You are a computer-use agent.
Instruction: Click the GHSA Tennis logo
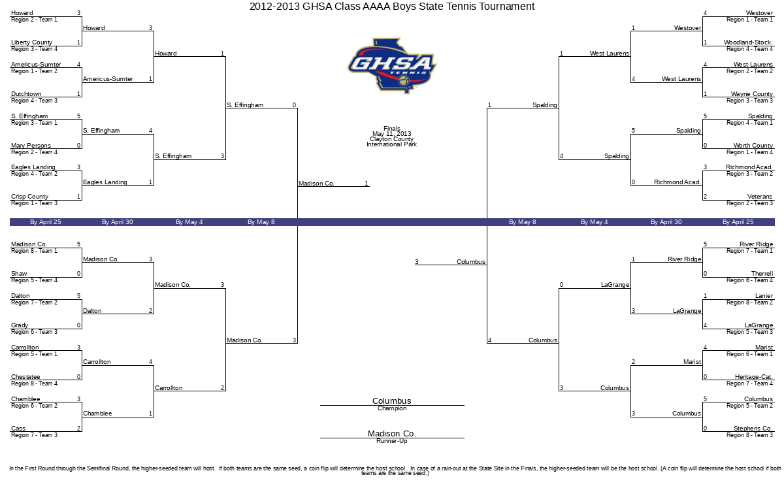(392, 66)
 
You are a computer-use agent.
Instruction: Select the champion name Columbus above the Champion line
(391, 400)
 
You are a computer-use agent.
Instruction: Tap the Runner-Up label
(391, 441)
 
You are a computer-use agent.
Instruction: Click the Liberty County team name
(31, 42)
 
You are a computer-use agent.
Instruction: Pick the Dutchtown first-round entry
(26, 94)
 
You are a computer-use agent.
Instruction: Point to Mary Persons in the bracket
(31, 145)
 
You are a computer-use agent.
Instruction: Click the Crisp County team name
(29, 197)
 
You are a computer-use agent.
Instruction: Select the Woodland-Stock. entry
(748, 42)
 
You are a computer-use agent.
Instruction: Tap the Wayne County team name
(751, 94)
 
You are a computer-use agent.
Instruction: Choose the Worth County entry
(753, 145)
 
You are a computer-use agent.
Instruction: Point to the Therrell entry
(762, 273)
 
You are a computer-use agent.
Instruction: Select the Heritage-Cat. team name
(753, 376)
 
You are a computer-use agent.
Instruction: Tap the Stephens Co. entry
(753, 428)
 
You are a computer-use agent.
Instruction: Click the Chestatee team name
(25, 376)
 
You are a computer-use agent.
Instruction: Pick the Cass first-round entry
(18, 428)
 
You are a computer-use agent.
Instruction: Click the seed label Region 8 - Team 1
(34, 251)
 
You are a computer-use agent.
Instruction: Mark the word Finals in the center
(391, 129)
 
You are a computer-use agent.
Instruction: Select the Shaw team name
(19, 273)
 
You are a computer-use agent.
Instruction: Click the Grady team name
(19, 325)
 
